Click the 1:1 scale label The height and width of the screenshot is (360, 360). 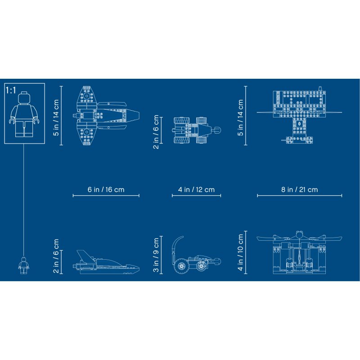click(x=11, y=90)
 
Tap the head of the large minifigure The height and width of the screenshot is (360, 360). click(x=24, y=98)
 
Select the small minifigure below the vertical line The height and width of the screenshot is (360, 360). click(x=24, y=265)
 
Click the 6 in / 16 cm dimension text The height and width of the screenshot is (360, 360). click(x=106, y=189)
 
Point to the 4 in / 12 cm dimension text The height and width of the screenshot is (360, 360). click(x=196, y=189)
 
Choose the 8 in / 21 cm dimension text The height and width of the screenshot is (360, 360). click(x=299, y=189)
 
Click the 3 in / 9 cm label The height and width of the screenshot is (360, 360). click(x=156, y=255)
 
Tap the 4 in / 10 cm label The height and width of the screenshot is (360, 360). click(x=240, y=252)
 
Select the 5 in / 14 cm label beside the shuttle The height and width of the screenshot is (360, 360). click(x=56, y=117)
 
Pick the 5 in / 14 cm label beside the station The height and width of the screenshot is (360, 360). click(x=240, y=117)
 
